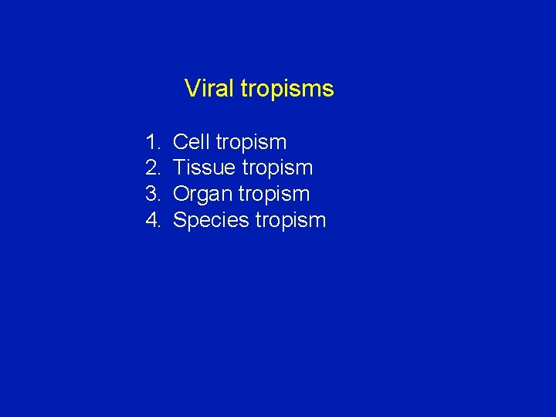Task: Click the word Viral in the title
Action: tap(209, 89)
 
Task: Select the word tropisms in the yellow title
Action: tap(287, 90)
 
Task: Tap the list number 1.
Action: tap(151, 142)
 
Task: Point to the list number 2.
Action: tap(151, 168)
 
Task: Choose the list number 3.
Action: tap(151, 194)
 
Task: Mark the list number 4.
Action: tap(151, 220)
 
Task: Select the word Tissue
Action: tap(205, 168)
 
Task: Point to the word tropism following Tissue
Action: tap(277, 168)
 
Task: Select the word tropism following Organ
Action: tap(274, 195)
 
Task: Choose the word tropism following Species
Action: tap(290, 221)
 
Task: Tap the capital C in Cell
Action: tap(180, 142)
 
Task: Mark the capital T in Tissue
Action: tap(179, 168)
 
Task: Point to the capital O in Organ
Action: tap(181, 194)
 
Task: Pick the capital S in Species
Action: tap(180, 220)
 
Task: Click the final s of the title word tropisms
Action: tap(329, 90)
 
